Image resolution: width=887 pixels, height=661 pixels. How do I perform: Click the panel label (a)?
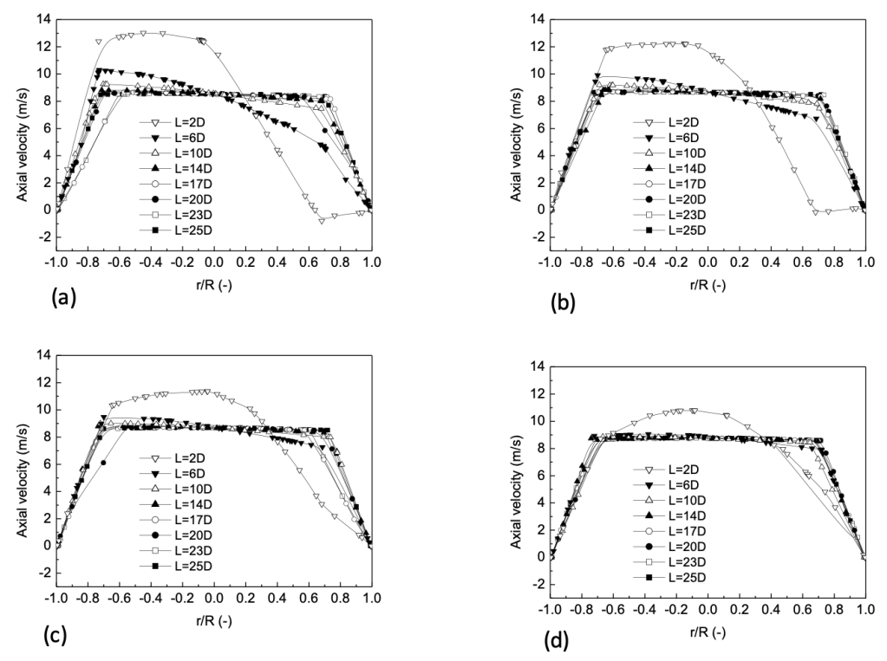pos(64,298)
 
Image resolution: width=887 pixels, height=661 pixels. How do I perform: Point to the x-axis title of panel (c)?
pos(213,620)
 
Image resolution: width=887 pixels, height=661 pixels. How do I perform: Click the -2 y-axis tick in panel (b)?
pos(536,237)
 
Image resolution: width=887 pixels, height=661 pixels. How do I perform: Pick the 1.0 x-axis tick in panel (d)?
pos(864,611)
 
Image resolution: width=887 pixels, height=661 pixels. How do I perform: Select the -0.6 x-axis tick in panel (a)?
pos(120,263)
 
